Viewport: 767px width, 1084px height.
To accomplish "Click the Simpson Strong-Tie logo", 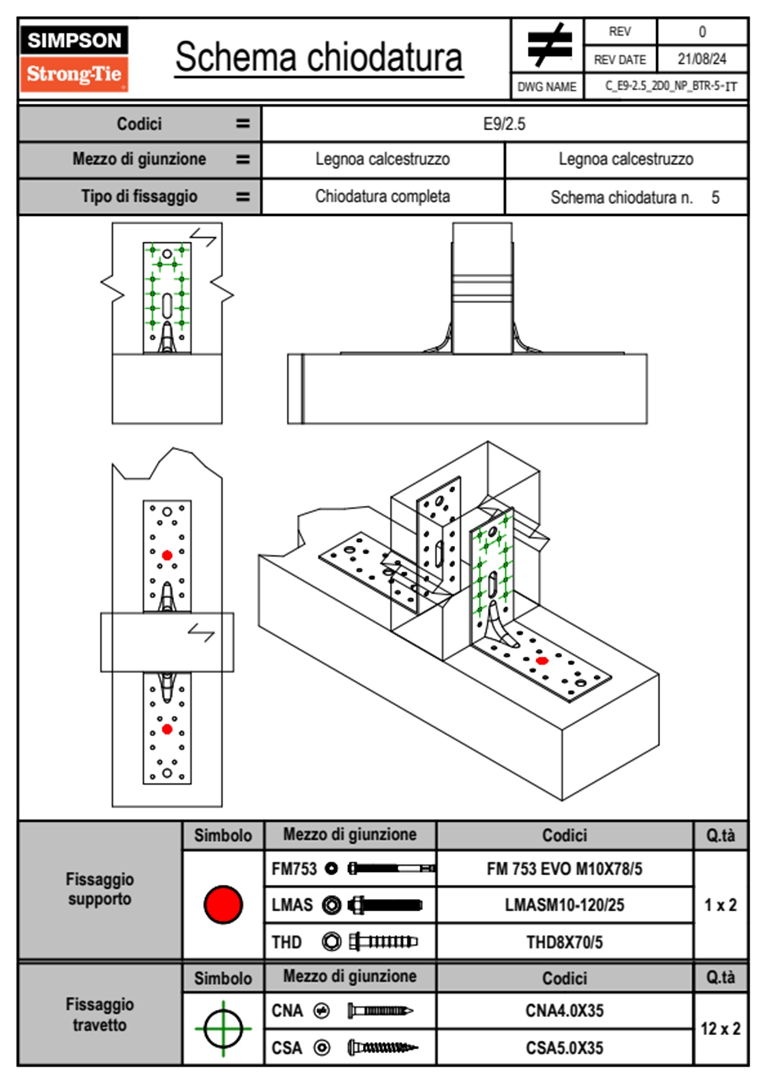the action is coord(74,59).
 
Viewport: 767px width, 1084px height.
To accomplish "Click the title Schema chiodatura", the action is coord(319,57).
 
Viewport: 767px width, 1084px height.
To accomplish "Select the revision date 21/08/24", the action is coord(702,59).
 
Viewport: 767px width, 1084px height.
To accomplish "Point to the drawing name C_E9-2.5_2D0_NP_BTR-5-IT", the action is coord(671,86).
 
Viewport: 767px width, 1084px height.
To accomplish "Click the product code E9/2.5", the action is coord(504,124).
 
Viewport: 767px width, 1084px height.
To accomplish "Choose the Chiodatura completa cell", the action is coord(383,196).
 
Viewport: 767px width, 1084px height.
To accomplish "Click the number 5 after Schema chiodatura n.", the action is coord(715,197).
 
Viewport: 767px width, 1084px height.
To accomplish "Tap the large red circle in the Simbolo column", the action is coord(223,904).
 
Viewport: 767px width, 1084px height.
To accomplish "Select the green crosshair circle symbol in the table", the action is coord(223,1028).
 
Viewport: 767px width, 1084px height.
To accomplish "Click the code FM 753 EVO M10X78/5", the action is coord(564,869).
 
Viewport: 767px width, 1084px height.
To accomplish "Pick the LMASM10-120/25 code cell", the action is coord(564,904).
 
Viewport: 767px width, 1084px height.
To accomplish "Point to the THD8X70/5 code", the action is coord(564,942).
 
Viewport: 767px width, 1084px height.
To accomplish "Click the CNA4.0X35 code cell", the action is coord(564,1010).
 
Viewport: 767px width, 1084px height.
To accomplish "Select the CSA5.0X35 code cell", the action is coord(564,1048).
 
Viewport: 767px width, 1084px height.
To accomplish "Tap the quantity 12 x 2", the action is coord(721,1029).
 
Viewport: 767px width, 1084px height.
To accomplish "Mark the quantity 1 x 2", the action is coord(721,904).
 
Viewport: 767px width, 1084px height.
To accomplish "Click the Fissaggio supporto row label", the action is coord(100,889).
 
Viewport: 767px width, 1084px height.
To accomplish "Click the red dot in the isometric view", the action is coord(542,661).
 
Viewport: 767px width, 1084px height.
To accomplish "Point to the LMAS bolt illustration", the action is coord(385,904).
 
